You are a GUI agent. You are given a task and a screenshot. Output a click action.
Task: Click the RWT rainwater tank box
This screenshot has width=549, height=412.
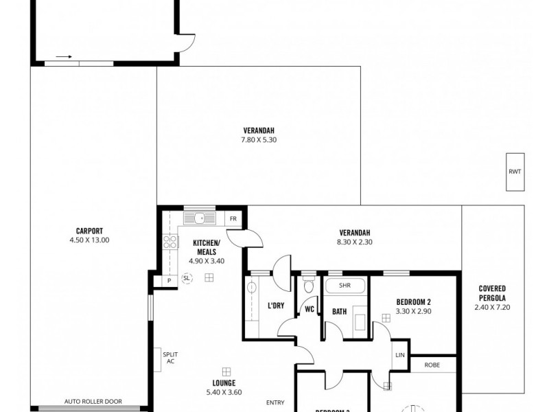[x=515, y=172]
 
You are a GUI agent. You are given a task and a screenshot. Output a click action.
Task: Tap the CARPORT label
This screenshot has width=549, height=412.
[x=89, y=231]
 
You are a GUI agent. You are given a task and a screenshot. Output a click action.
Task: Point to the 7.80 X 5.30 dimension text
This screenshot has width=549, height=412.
[x=259, y=140]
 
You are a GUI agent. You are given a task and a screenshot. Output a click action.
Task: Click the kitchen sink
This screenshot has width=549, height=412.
[x=199, y=219]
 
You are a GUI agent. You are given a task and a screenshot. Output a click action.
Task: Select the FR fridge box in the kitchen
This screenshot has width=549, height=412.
[x=233, y=219]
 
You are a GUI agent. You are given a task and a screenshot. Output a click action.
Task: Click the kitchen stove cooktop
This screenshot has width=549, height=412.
[x=167, y=241]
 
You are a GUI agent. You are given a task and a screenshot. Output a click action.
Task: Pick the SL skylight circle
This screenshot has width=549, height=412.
[x=186, y=278]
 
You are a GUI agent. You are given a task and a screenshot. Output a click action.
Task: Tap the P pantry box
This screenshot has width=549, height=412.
[x=168, y=280]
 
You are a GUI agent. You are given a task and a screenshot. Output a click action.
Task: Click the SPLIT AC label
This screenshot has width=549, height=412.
[x=169, y=358]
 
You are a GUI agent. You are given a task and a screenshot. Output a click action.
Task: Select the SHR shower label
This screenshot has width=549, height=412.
[x=345, y=286]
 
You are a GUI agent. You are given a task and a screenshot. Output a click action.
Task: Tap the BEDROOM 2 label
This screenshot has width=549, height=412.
[x=413, y=302]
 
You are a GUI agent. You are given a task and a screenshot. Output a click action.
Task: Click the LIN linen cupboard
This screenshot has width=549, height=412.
[x=400, y=355]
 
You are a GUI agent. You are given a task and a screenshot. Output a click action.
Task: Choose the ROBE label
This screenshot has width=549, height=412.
[x=432, y=365]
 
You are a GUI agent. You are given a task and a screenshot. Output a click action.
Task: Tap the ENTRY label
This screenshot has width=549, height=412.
[x=276, y=402]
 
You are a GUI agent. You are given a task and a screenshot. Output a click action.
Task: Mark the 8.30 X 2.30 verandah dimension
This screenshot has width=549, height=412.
[x=354, y=242]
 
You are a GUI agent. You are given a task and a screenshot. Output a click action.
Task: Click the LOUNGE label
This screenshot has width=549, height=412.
[x=224, y=382]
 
